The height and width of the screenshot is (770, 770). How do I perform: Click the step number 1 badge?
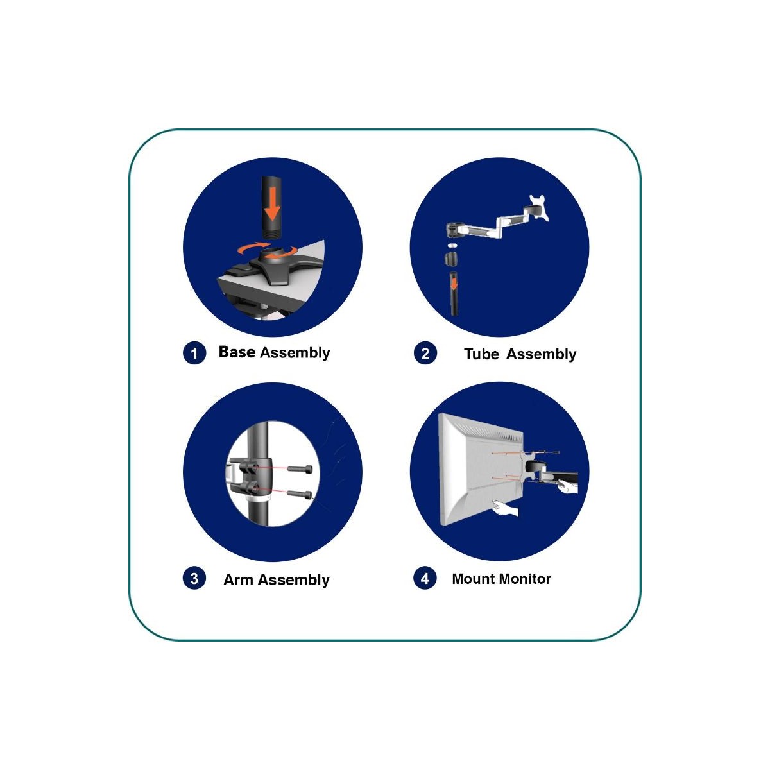(194, 353)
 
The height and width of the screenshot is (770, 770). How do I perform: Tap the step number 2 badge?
(425, 353)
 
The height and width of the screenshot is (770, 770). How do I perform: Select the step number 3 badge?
(194, 578)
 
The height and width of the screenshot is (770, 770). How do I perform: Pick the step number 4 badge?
(425, 578)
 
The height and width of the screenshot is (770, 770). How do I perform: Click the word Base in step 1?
(237, 352)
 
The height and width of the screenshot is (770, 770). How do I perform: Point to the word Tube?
(481, 354)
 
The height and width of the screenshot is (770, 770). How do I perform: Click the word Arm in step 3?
(238, 579)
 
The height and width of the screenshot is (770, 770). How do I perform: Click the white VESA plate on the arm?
(538, 207)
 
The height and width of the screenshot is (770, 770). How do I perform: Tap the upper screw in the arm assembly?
(299, 468)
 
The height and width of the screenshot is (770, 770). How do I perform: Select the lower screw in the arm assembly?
(299, 494)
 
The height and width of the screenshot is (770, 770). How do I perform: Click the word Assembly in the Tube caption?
(541, 354)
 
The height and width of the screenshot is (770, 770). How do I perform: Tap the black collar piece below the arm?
(452, 258)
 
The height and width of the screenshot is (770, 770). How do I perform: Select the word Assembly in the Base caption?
(295, 353)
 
